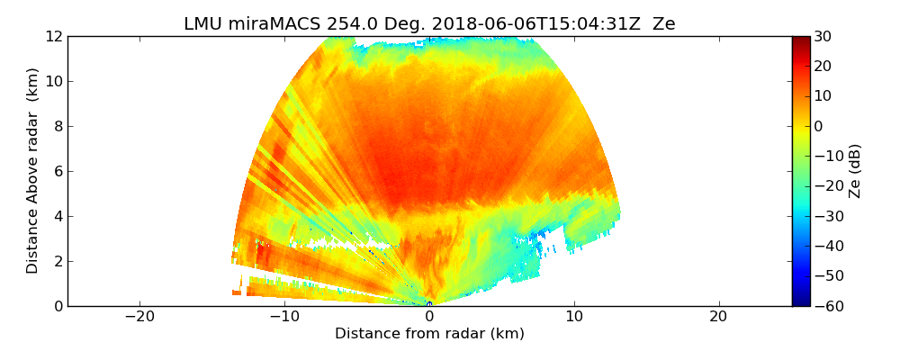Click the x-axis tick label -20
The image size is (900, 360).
(139, 318)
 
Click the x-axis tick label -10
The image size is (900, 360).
(284, 318)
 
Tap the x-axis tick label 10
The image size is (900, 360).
(574, 318)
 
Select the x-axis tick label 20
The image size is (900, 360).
(718, 318)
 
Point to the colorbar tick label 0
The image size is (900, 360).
(820, 126)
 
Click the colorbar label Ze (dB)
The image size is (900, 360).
(855, 171)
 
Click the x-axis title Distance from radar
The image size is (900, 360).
(429, 334)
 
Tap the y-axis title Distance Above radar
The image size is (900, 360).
(32, 171)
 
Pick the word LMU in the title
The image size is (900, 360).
(202, 24)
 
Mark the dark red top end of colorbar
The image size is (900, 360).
(800, 40)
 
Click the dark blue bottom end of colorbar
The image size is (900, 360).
(800, 302)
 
